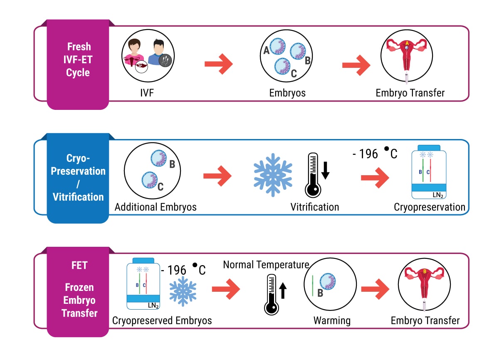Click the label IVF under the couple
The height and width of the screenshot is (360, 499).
tap(147, 93)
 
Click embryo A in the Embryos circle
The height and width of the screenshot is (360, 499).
tap(278, 46)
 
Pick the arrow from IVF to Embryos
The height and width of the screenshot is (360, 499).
tap(219, 64)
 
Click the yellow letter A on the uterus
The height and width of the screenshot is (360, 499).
tap(407, 43)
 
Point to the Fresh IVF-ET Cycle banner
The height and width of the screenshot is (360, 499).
tap(78, 64)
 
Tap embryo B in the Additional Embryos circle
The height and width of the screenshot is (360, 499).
tap(158, 158)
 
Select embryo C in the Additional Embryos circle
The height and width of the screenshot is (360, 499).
tap(149, 180)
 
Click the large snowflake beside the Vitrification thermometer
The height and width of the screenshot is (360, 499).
tap(273, 175)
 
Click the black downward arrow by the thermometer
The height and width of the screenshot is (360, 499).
tap(326, 171)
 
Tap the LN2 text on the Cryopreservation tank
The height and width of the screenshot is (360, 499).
tap(438, 195)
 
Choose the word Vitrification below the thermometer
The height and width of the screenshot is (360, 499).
tap(314, 207)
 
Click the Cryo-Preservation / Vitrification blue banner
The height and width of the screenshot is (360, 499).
tap(78, 178)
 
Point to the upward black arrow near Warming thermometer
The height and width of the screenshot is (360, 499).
tap(283, 290)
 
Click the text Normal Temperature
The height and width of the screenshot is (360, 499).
tap(266, 265)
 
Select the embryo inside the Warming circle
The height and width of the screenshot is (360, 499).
tap(328, 281)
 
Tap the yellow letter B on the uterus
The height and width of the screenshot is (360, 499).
tap(425, 271)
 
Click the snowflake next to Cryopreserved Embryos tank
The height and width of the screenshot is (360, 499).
tap(183, 291)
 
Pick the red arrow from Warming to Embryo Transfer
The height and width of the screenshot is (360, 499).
tap(375, 289)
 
